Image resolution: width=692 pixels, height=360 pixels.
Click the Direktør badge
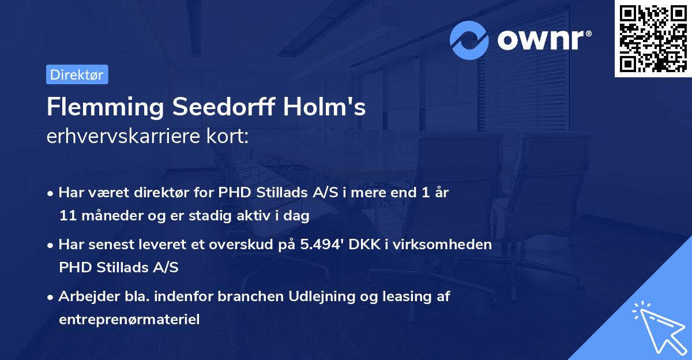coord(77,75)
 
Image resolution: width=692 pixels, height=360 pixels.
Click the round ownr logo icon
coord(469,40)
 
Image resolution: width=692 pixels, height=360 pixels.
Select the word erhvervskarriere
coord(119,137)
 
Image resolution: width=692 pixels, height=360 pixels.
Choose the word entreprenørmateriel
coord(129,319)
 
